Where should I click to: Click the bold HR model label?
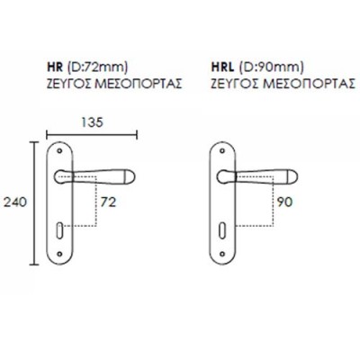(55, 67)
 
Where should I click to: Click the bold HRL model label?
(222, 67)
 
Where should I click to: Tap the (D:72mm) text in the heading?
(97, 67)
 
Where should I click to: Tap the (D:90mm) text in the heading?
(271, 67)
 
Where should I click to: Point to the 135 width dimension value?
(92, 122)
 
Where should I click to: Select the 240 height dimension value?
(15, 202)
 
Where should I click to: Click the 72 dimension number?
(108, 202)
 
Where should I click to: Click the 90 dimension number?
(284, 202)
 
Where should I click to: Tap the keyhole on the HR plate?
(60, 230)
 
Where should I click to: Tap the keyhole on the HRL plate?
(222, 230)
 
